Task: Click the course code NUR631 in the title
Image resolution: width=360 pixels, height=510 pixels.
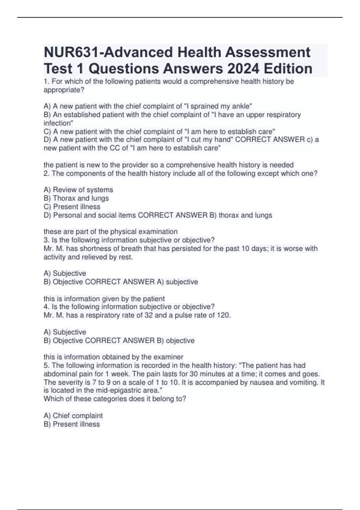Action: click(70, 52)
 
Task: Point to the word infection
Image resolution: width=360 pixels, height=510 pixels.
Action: click(58, 123)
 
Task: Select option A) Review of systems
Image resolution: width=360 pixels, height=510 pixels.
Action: click(78, 190)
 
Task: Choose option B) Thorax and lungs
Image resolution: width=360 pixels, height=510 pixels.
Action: click(76, 198)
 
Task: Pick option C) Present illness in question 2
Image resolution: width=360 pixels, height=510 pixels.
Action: click(72, 207)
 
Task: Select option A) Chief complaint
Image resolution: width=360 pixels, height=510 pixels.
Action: click(73, 415)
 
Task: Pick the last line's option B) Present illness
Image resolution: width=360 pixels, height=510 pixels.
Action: click(72, 424)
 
